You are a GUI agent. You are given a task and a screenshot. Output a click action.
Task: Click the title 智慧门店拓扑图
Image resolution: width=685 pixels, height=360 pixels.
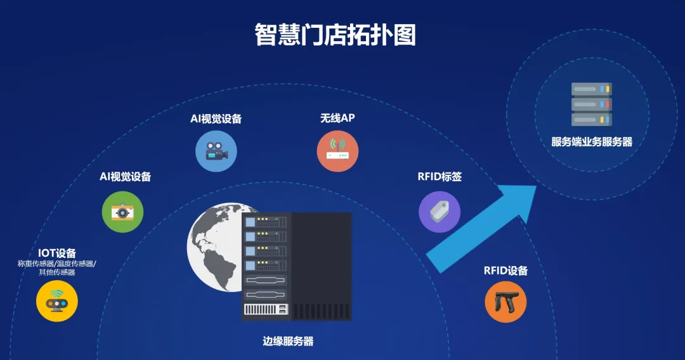pos(335,35)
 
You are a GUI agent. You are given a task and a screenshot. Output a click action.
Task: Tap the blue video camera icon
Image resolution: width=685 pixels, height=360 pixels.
pos(216,151)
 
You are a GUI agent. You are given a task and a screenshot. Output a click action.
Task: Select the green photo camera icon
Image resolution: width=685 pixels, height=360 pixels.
pos(122,212)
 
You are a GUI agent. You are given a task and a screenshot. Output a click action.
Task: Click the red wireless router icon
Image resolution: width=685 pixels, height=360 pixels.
pos(337,151)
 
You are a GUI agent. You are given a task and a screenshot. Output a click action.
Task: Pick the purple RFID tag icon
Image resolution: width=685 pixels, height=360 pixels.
pos(440,212)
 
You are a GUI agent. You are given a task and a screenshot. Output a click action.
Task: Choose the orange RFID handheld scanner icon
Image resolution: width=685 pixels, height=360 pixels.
pos(506,302)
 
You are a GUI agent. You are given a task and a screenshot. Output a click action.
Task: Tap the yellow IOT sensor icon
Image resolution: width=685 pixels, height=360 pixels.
pos(57,301)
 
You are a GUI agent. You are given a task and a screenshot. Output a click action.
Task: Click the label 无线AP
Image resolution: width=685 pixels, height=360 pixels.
pos(337,118)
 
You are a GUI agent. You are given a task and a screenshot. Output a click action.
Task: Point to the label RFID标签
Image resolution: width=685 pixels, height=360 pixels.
pos(440,177)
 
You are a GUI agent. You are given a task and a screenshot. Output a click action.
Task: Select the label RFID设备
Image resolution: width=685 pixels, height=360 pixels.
pos(506,271)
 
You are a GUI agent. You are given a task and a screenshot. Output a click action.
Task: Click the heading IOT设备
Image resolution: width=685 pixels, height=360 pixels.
pos(57,253)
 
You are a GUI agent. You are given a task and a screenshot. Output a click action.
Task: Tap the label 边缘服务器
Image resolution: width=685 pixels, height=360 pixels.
pos(288,341)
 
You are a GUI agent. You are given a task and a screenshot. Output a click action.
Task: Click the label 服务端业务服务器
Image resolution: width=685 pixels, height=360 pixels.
pos(592,142)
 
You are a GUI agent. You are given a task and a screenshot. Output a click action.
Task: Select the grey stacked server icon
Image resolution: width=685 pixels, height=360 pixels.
pos(592,104)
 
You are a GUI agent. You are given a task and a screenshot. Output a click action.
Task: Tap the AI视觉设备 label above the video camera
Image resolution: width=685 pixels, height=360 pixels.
pos(216,119)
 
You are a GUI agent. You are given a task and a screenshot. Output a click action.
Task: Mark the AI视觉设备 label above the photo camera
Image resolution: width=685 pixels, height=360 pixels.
pos(126,177)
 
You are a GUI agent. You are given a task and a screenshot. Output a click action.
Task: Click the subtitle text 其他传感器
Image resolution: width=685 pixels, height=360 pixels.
pos(57,273)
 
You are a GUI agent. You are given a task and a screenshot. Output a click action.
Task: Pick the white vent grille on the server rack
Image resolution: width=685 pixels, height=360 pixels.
pos(261,309)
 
